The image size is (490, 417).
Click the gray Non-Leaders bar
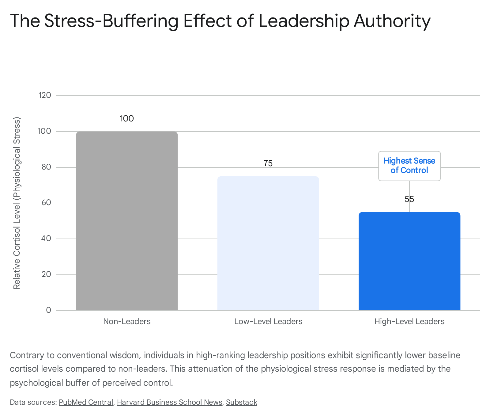coord(127,221)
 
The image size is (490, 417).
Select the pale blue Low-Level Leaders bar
coord(268,243)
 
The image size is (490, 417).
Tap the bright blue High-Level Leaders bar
coord(409,261)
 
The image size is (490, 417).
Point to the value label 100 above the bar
coord(127,119)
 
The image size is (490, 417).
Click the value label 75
coord(268,163)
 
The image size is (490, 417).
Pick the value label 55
coord(409,199)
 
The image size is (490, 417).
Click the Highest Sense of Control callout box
coord(409,166)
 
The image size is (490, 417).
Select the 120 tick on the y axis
coord(45,95)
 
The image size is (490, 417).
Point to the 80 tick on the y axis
coord(46,167)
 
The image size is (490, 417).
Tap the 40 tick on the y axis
coord(46,239)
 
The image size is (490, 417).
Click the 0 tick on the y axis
coord(49,310)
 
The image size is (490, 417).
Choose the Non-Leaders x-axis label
coord(127,321)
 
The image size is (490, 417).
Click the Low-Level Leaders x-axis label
coord(268,321)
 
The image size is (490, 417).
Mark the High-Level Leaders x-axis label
coord(409,321)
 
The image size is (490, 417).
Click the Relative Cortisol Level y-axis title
coord(17,203)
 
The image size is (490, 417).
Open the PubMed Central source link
coord(86,402)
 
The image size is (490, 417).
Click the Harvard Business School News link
coord(169,402)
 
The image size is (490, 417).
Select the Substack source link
coord(242,402)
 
